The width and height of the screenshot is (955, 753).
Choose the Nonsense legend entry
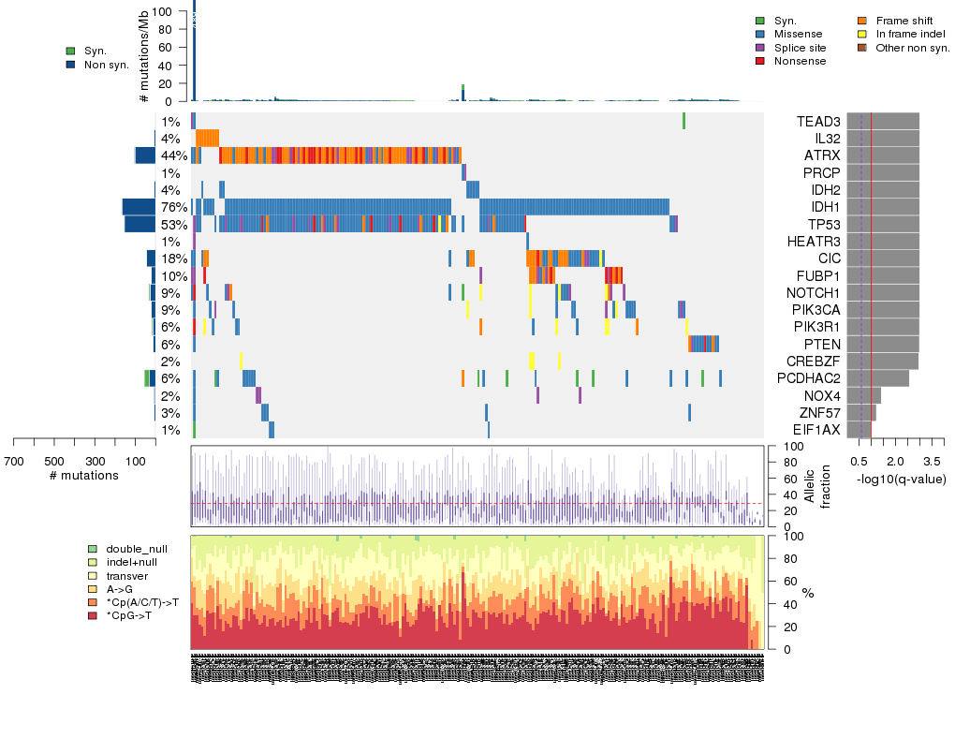800,61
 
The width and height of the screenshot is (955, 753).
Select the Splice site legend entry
800,47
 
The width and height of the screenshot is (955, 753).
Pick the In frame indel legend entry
910,34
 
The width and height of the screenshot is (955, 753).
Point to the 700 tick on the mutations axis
14,462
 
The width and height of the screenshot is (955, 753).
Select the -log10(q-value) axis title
901,480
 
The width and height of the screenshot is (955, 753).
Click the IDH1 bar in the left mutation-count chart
138,207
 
